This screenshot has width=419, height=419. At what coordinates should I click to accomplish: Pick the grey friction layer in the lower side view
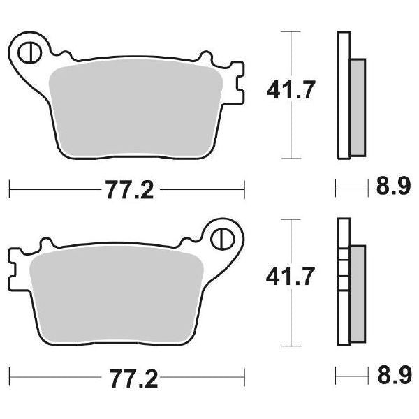[357, 293]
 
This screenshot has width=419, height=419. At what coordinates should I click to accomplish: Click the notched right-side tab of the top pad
[237, 82]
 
